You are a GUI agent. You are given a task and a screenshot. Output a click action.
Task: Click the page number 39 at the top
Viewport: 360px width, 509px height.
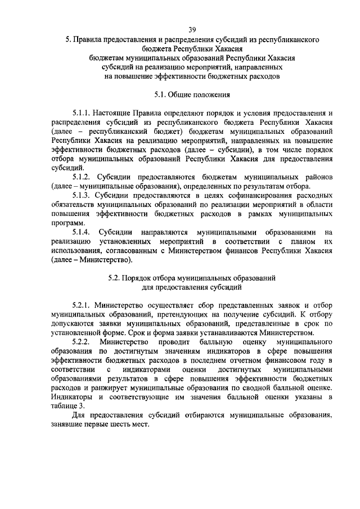[192, 29]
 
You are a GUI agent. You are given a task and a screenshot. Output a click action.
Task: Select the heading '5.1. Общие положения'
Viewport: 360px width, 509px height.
[192, 95]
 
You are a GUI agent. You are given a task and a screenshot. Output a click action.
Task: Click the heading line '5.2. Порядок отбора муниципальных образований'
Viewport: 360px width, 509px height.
[192, 278]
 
